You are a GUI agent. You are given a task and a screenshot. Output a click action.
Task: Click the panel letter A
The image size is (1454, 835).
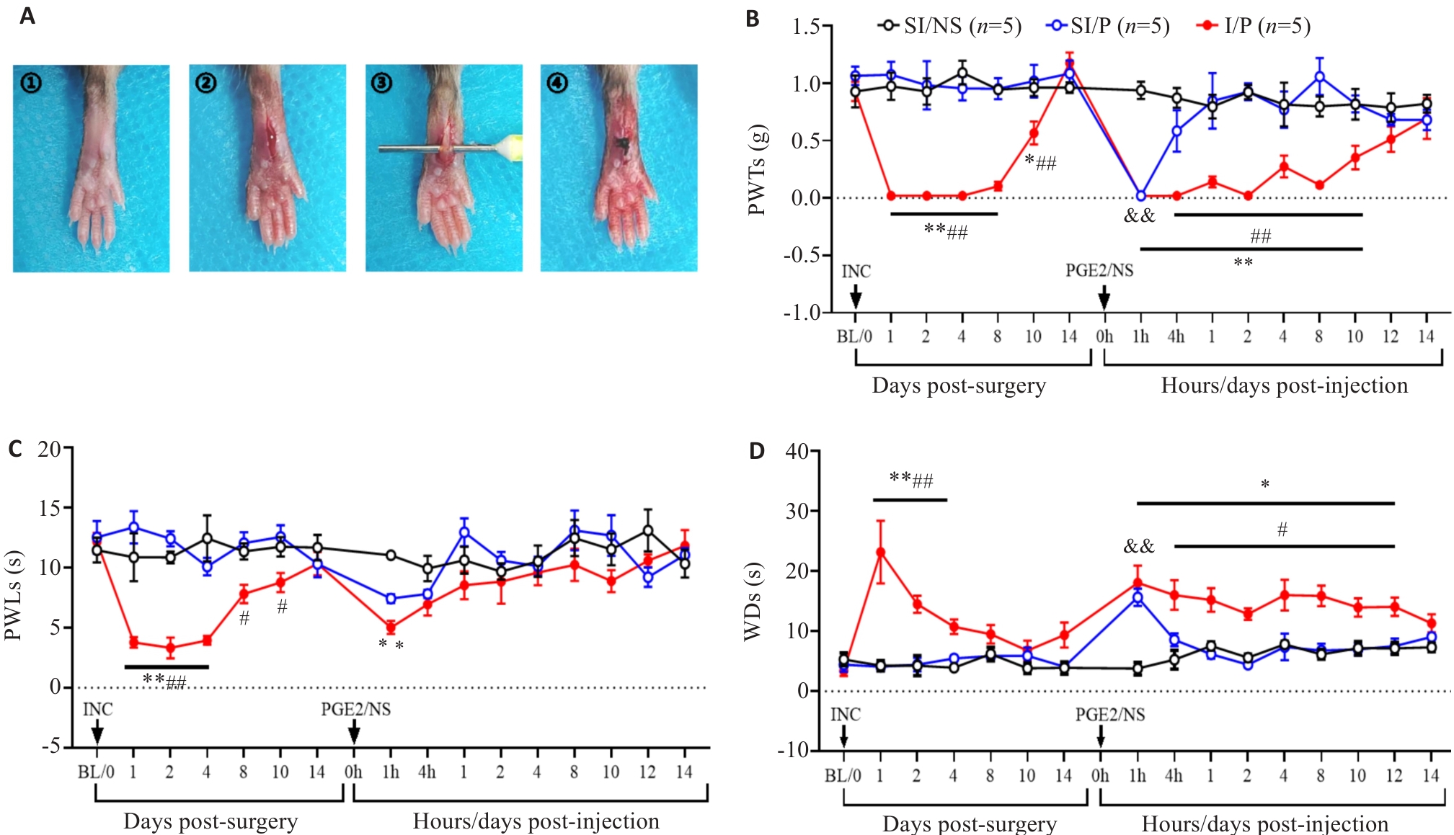(27, 15)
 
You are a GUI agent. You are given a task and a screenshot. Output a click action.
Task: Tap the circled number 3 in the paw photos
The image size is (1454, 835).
(381, 84)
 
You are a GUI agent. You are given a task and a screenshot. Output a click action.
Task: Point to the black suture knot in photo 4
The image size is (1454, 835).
(624, 145)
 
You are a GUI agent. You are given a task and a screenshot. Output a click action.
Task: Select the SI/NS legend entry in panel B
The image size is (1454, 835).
(949, 27)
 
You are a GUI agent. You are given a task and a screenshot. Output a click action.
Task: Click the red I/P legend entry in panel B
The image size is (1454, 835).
(1254, 27)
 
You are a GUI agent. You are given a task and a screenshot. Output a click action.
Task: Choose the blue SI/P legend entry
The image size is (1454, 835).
(1108, 27)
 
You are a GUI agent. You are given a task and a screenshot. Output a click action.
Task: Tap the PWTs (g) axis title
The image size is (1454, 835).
(758, 170)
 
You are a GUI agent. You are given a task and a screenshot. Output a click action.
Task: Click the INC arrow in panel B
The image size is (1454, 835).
(856, 296)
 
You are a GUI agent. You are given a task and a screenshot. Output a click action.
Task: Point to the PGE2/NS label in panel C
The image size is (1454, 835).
(356, 710)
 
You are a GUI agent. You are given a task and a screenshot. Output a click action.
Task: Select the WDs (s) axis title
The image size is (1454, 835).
(753, 602)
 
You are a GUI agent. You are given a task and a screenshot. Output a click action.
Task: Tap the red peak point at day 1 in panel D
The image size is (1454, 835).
(880, 553)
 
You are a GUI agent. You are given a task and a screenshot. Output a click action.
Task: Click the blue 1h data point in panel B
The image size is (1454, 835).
(1140, 196)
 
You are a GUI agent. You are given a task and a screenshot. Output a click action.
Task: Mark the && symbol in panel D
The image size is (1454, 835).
(1139, 547)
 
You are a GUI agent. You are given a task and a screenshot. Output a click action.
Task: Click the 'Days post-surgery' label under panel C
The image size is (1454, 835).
(210, 821)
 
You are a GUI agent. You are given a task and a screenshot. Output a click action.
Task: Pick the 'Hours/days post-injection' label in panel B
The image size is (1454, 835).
(1284, 385)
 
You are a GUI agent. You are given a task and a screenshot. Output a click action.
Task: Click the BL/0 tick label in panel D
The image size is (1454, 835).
(843, 776)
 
